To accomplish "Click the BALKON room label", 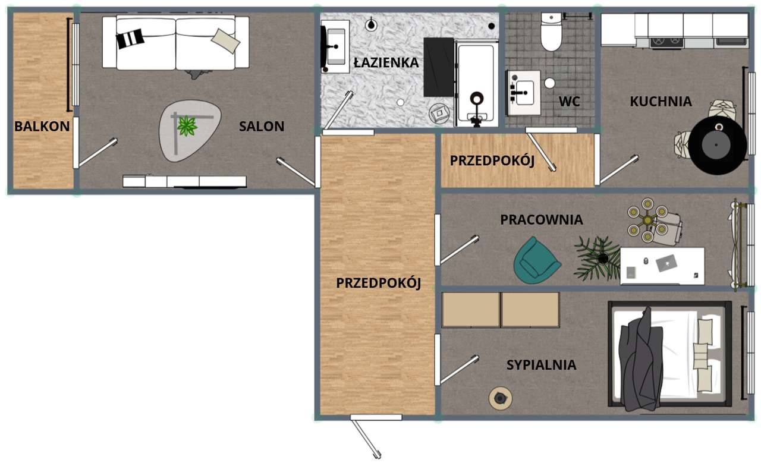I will (42, 126).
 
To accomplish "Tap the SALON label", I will (262, 126).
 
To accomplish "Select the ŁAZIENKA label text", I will (386, 62).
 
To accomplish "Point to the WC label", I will (569, 102).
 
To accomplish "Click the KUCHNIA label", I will (661, 102).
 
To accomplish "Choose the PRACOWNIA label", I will (541, 219).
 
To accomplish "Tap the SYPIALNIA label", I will (541, 365).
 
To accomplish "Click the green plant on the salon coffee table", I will (187, 126).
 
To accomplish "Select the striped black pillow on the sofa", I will (130, 39).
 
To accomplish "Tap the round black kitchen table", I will (718, 145).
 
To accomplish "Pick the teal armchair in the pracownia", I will (536, 260).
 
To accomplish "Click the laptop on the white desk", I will (666, 262).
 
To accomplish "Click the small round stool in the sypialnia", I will (501, 398).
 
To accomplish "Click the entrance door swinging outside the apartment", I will (365, 437).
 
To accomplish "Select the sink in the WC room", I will (524, 93).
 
